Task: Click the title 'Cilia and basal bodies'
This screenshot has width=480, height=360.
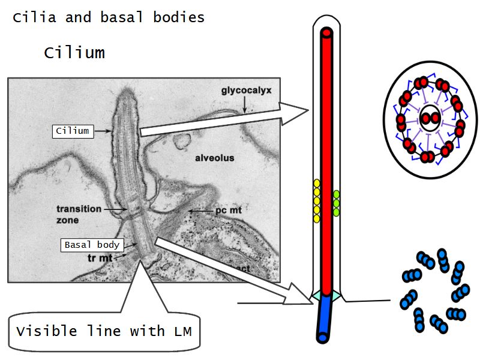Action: click(x=109, y=17)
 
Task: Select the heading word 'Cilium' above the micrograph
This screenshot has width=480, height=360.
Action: click(x=74, y=53)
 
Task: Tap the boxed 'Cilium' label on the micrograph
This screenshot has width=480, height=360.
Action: click(x=73, y=131)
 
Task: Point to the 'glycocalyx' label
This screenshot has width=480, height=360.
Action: click(x=247, y=91)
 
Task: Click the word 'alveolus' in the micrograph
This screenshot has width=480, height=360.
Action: click(x=214, y=158)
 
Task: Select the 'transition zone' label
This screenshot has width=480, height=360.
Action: click(x=79, y=214)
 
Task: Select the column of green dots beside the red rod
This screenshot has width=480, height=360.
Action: click(x=337, y=203)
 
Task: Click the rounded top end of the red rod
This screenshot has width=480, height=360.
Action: click(x=326, y=33)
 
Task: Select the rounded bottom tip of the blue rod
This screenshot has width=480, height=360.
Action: click(x=323, y=338)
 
